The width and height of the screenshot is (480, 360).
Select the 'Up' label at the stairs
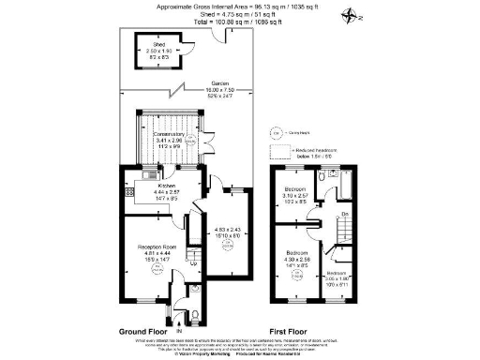coord(193,262)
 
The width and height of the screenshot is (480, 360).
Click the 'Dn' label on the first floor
coord(345,216)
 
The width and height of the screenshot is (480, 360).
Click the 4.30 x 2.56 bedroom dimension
coord(292,260)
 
